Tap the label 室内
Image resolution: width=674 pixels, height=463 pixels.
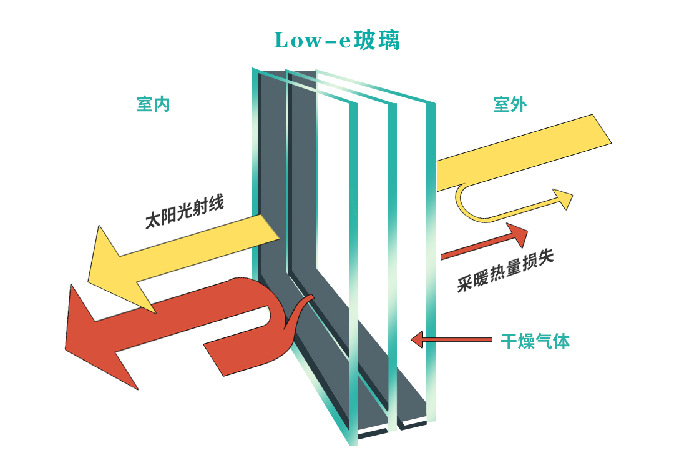tap(153, 104)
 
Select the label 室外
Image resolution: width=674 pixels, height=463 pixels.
tap(510, 104)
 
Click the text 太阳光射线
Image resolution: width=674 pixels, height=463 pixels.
tap(184, 213)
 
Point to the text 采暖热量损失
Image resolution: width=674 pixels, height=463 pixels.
tap(506, 272)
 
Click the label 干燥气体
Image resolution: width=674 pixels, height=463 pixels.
tap(535, 341)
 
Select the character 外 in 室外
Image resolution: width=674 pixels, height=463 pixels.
tap(519, 104)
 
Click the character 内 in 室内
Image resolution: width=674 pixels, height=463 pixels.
tap(162, 104)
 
